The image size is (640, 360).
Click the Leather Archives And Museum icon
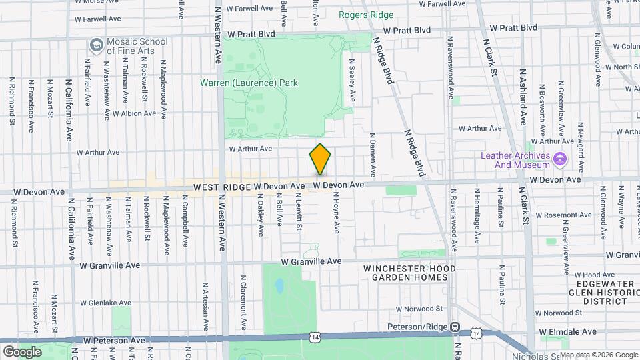click(x=560, y=159)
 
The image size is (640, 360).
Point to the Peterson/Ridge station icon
click(x=455, y=327)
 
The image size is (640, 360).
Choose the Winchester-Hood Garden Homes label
click(x=405, y=272)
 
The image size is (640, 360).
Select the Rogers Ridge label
click(x=365, y=14)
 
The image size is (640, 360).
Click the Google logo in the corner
click(x=21, y=351)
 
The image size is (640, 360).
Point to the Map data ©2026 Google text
click(x=599, y=355)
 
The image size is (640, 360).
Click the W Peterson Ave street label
click(x=113, y=340)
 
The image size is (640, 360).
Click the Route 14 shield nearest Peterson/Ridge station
click(x=475, y=331)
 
